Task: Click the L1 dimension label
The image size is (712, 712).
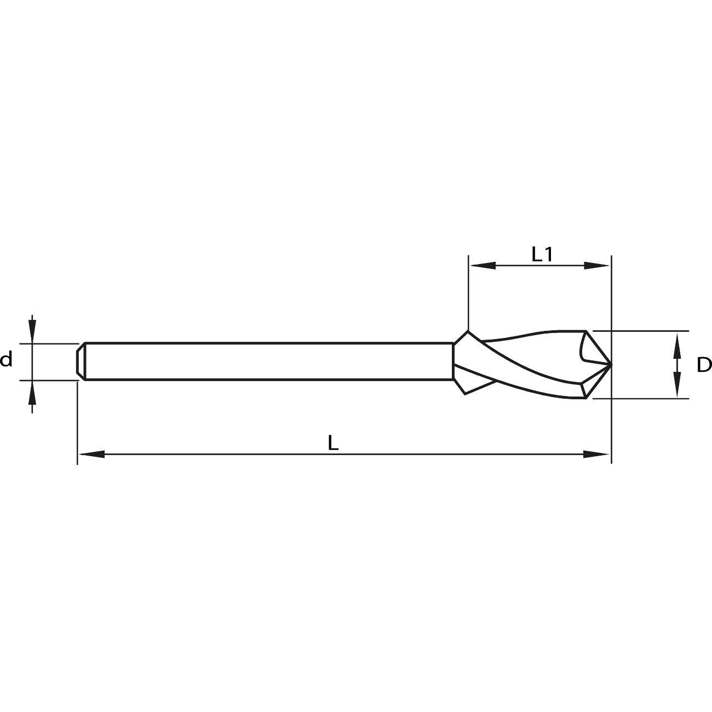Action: click(542, 254)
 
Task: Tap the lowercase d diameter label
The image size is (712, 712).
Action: click(6, 359)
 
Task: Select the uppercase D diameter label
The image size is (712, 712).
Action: click(704, 365)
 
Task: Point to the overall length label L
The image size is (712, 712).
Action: click(333, 443)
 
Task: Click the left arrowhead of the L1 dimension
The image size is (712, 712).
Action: click(483, 265)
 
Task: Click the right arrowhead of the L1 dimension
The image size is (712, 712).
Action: click(596, 265)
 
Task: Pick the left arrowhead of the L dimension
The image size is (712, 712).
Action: click(92, 454)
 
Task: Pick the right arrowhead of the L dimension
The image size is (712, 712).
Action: click(596, 454)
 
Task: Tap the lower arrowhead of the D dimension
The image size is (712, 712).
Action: click(677, 384)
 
